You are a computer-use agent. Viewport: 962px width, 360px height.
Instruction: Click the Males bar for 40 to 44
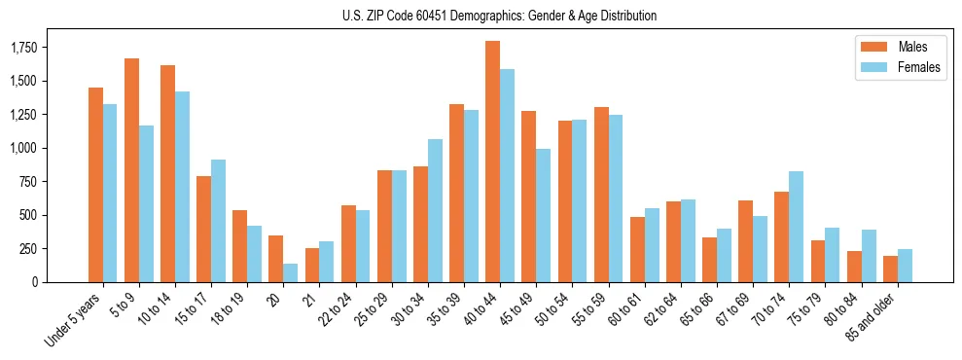493,162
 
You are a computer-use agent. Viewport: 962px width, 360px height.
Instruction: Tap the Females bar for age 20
291,272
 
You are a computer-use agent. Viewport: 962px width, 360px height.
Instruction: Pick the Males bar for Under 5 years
95,185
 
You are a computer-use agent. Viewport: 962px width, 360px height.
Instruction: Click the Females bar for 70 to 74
796,227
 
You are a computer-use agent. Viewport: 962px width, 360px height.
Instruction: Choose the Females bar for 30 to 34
435,210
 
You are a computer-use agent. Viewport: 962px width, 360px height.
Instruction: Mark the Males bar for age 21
312,265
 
